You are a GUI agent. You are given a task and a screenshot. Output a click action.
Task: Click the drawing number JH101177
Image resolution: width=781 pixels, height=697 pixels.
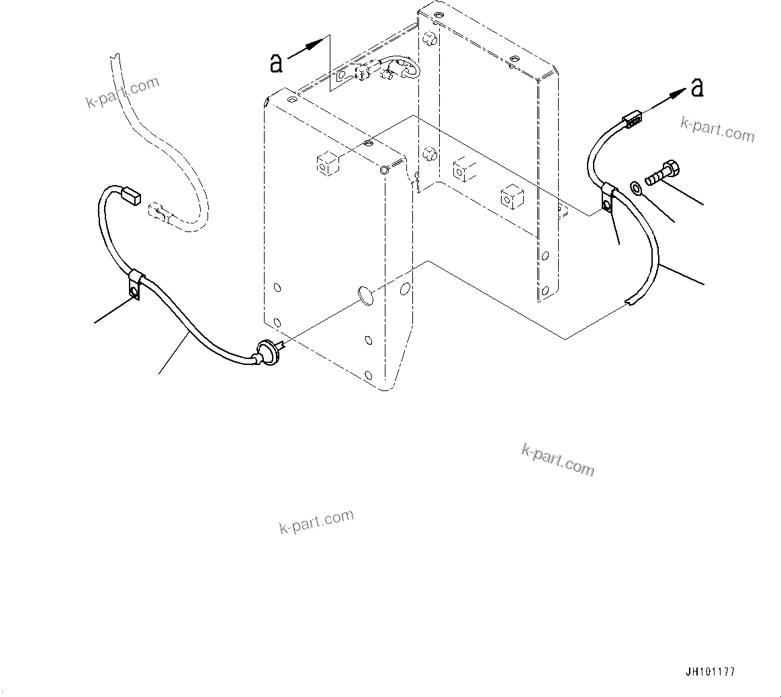point(710,672)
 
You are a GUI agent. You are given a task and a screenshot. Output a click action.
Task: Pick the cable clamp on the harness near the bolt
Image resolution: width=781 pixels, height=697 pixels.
point(609,197)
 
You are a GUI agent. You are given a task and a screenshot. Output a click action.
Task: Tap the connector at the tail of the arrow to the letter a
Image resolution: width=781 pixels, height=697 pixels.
point(631,121)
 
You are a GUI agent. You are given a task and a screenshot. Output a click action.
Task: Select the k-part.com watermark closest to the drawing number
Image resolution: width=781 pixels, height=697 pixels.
point(557,460)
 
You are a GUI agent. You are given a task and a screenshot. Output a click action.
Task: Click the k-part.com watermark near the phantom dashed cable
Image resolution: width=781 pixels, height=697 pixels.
point(122,92)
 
